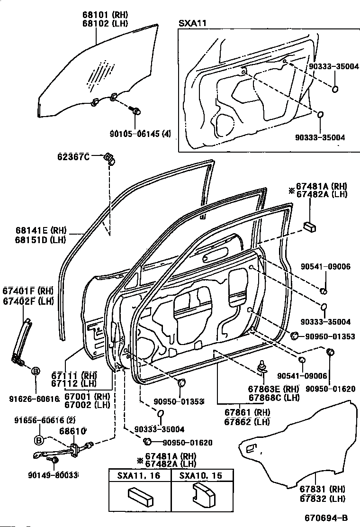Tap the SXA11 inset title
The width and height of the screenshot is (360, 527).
(189, 23)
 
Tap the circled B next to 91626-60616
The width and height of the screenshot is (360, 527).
(35, 371)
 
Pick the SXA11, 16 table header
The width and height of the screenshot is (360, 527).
(134, 476)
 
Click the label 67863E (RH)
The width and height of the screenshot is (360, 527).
(274, 389)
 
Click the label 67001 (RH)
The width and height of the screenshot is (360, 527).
(87, 397)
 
